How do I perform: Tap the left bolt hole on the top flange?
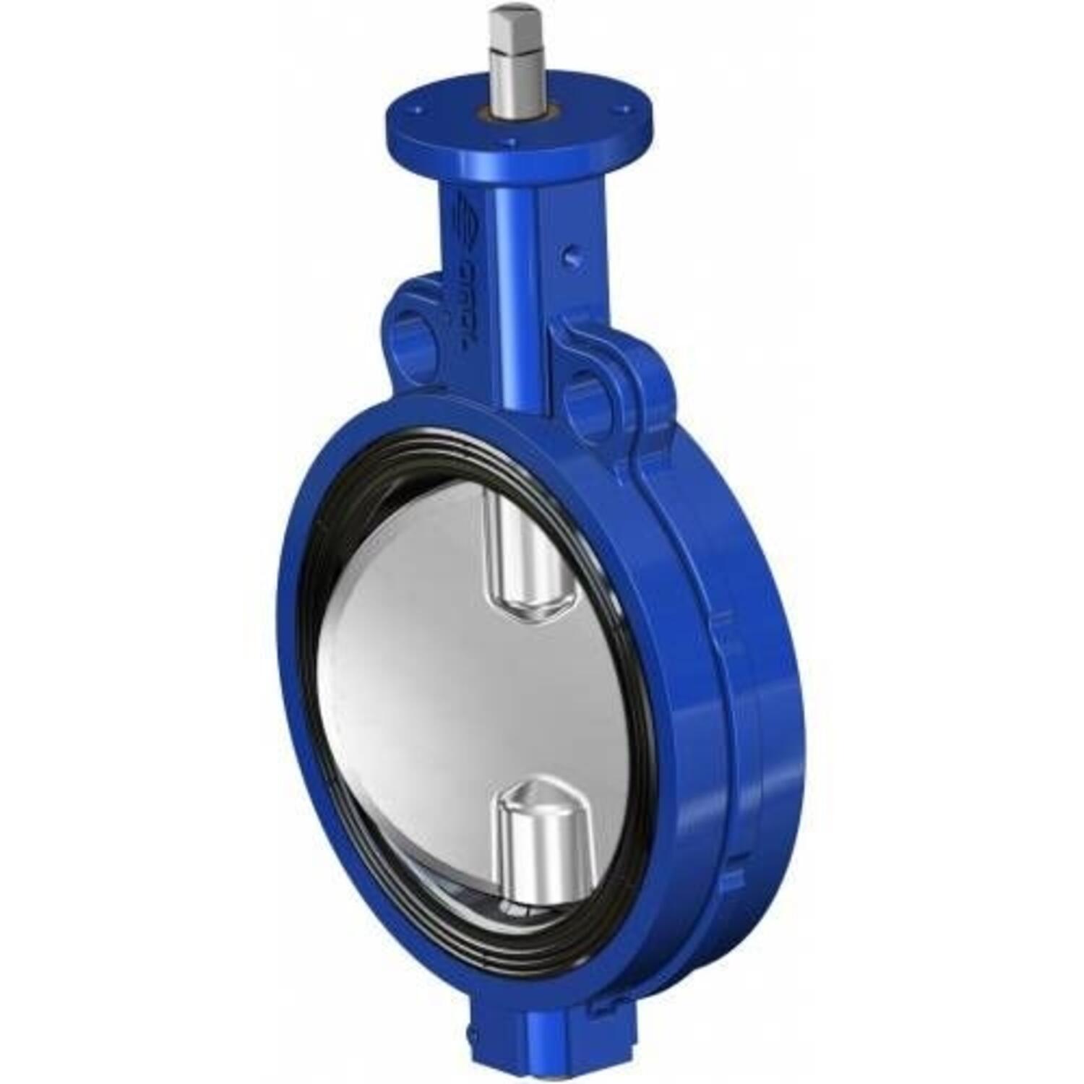(417, 111)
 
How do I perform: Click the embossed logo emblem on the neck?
(468, 217)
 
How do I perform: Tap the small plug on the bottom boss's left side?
(473, 1041)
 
